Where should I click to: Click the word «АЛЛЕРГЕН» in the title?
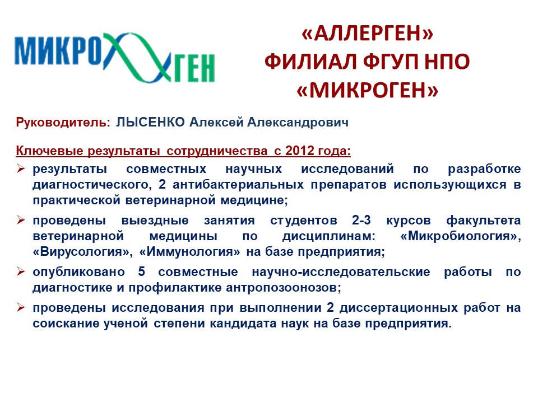368,34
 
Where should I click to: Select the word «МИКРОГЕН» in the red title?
368,91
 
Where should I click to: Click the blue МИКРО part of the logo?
58,51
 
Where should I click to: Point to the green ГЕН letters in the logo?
194,68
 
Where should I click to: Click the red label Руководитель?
63,123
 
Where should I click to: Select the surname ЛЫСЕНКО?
150,122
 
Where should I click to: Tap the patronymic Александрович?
298,122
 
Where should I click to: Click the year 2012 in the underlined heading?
299,151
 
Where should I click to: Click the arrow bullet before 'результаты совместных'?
21,168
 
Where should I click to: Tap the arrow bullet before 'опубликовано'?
21,272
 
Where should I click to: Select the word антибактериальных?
238,185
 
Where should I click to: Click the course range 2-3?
361,220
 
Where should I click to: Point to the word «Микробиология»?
460,236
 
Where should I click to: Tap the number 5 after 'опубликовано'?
142,272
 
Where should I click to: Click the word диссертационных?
398,308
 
